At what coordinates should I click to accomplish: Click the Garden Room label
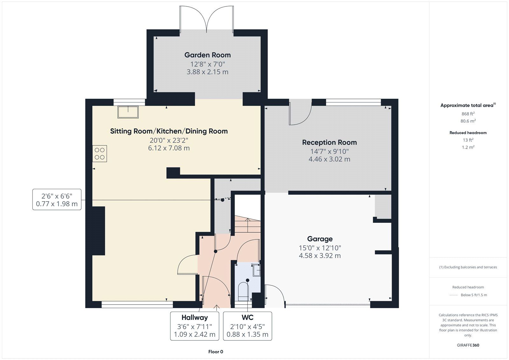point(207,55)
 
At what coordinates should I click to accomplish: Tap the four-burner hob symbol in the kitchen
point(100,153)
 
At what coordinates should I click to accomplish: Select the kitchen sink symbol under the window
point(128,112)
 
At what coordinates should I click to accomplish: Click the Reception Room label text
point(329,143)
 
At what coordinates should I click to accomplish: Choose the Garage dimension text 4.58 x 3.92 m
point(320,256)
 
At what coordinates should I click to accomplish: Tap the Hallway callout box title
point(194,317)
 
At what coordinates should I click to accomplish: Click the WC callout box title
point(248,317)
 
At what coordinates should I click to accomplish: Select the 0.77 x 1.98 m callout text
point(57,204)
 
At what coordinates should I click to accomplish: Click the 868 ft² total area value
point(468,114)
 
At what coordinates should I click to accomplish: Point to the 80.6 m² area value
point(468,121)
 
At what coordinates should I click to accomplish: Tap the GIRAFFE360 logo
point(468,345)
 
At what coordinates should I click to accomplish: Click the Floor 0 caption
point(216,352)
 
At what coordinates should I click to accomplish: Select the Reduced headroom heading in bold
point(468,133)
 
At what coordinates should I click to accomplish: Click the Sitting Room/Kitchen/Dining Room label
point(169,131)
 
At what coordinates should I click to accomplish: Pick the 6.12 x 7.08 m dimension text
point(169,148)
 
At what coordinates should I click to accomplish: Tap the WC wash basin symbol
point(256,270)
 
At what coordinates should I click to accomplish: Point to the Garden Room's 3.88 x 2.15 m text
point(207,72)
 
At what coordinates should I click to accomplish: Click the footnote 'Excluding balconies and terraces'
point(468,267)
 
